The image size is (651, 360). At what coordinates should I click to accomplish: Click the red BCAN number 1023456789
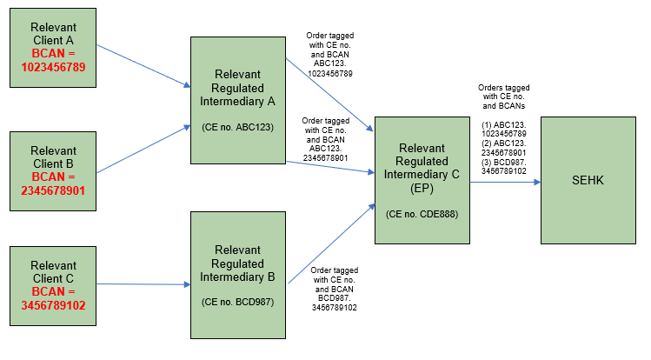(52, 66)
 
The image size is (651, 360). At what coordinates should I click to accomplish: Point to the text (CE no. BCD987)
(237, 302)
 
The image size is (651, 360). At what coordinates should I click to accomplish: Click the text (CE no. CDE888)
(422, 213)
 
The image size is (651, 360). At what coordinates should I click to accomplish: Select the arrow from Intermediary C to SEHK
(505, 183)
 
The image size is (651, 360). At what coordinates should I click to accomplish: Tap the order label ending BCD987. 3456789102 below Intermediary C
(335, 290)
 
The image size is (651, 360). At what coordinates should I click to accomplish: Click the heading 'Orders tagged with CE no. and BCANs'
(504, 98)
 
